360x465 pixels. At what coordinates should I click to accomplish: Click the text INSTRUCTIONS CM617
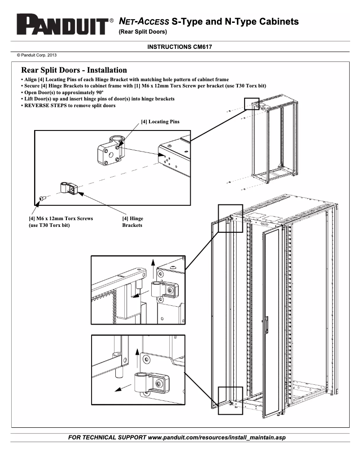click(x=180, y=47)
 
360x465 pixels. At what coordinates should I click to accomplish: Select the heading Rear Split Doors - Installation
click(x=74, y=70)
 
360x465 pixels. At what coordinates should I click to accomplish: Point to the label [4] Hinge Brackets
click(x=132, y=222)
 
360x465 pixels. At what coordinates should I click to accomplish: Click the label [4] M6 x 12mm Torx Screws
click(x=61, y=218)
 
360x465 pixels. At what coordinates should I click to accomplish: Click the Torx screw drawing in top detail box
click(x=42, y=198)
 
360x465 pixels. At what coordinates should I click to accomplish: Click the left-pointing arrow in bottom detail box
click(x=119, y=388)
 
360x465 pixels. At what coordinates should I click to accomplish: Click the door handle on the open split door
click(x=267, y=324)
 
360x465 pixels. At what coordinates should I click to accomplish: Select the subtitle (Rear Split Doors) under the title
click(x=143, y=32)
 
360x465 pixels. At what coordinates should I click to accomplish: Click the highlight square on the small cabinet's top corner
click(x=252, y=104)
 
